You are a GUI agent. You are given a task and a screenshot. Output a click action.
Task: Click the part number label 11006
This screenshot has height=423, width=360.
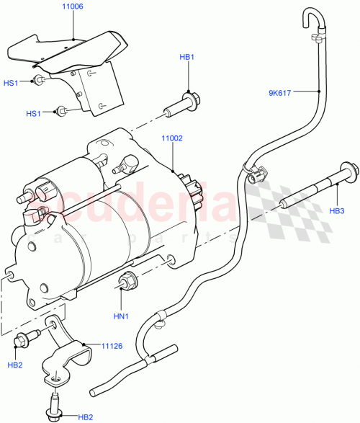click(x=73, y=6)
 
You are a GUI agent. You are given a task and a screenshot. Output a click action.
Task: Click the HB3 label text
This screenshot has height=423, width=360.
click(x=337, y=211)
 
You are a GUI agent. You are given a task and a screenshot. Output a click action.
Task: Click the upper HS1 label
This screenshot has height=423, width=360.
click(x=12, y=83)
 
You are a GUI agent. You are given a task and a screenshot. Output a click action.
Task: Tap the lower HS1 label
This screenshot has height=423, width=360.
click(x=34, y=113)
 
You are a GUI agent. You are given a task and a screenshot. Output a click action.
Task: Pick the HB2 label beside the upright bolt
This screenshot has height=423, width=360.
click(x=85, y=417)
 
